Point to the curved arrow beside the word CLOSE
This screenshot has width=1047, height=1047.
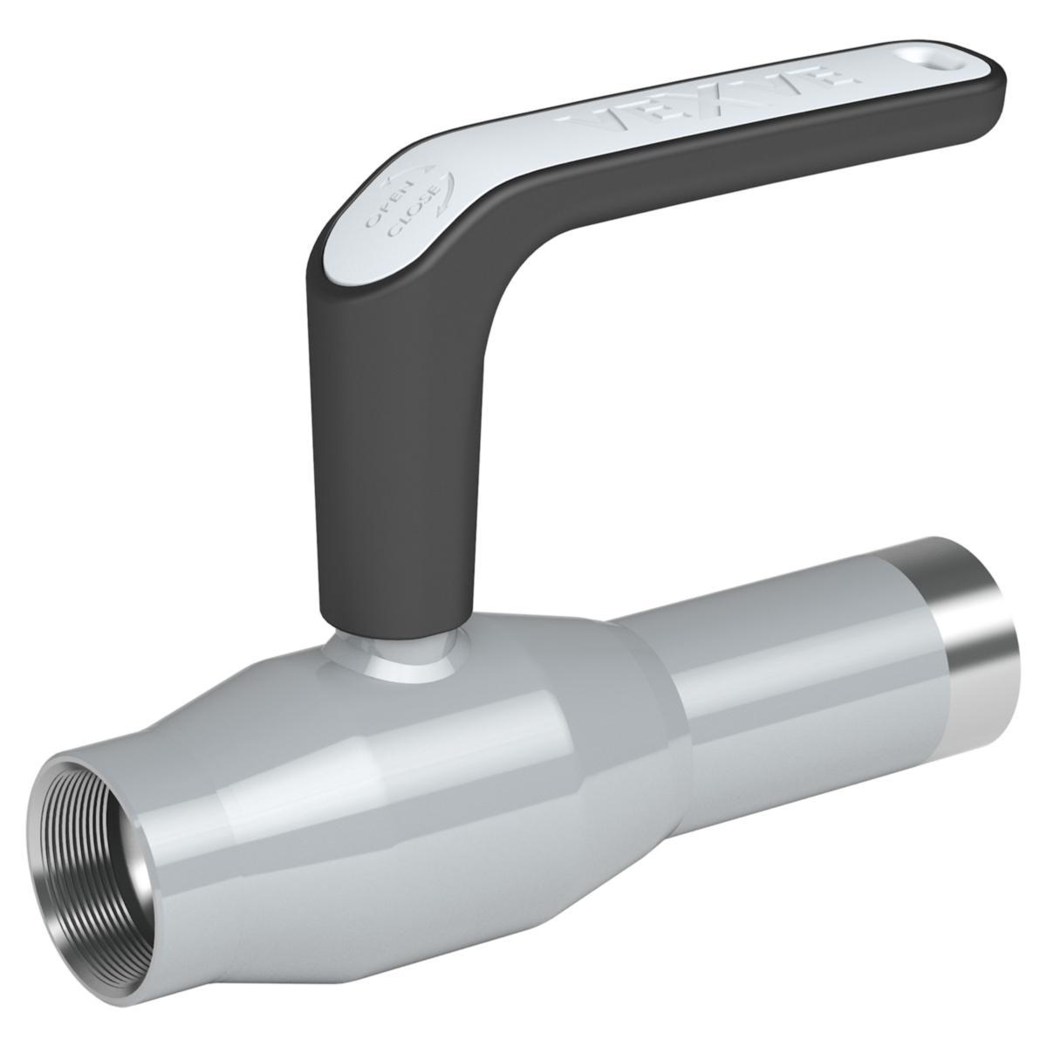tap(444, 188)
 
